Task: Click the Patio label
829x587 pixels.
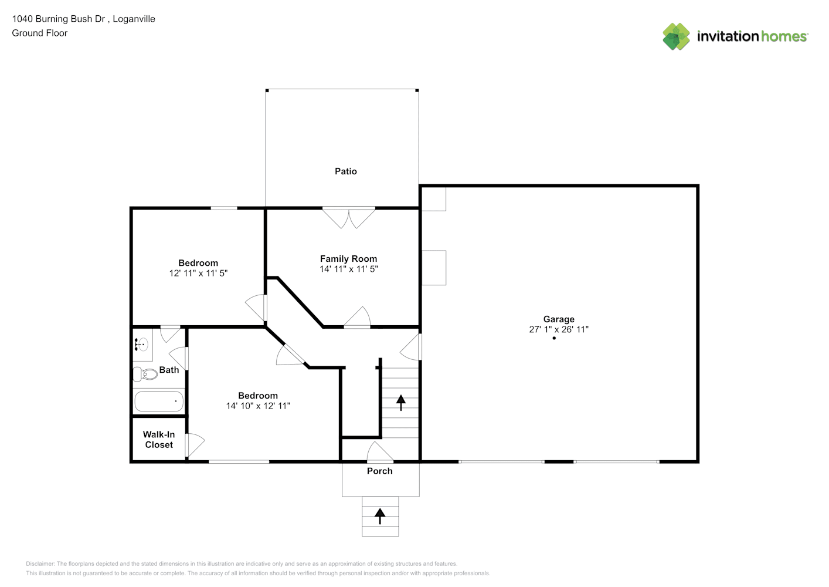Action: click(x=346, y=171)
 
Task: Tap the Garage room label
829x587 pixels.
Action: click(x=559, y=319)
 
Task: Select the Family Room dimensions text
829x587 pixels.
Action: click(x=349, y=269)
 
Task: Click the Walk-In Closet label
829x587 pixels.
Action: click(x=159, y=440)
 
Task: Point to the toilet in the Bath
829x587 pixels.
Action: click(x=145, y=374)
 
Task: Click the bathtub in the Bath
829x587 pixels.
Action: click(x=159, y=402)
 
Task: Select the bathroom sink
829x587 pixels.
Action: click(x=141, y=345)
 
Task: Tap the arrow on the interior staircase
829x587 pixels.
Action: click(x=401, y=403)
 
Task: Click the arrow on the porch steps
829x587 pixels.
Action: click(x=380, y=516)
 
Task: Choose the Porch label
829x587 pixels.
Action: click(x=380, y=471)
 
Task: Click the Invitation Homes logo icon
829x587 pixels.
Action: click(x=676, y=36)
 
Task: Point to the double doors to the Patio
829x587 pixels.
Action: click(x=349, y=218)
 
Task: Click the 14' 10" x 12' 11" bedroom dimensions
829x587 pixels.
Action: click(x=258, y=406)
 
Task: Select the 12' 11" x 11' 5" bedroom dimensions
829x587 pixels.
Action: click(x=198, y=273)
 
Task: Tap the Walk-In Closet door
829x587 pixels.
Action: click(x=195, y=445)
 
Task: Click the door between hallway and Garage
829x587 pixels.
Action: click(x=410, y=347)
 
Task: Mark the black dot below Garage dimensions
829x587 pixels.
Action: click(x=554, y=338)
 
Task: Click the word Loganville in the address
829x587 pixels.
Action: click(x=134, y=19)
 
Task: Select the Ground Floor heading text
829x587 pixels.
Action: click(x=40, y=33)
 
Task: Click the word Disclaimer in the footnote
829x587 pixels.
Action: click(x=40, y=564)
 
